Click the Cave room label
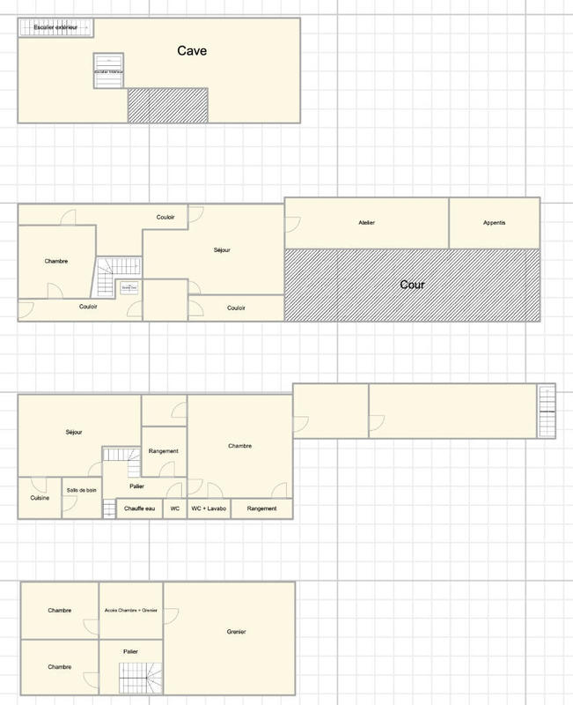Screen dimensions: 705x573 tap(191, 51)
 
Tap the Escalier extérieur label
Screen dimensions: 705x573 tap(55, 28)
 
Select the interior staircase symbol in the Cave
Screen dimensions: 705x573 tap(108, 70)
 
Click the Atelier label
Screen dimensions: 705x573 tap(366, 223)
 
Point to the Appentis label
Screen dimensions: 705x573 tap(495, 223)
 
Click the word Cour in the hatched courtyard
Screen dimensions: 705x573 tap(412, 285)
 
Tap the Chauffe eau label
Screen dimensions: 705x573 tap(141, 508)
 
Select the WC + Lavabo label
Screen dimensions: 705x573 tap(209, 508)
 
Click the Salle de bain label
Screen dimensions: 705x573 tap(81, 490)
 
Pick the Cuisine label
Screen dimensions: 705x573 tap(40, 499)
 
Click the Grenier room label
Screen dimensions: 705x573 tap(236, 632)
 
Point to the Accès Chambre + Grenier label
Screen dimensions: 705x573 tap(130, 610)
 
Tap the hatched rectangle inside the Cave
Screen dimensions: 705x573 tap(168, 105)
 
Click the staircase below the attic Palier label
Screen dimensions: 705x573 tap(142, 678)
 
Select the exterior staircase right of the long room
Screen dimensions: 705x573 tap(547, 410)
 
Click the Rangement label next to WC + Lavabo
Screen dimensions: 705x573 tap(262, 508)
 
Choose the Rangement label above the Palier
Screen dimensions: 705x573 tap(164, 451)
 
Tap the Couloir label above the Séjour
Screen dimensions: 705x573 tap(165, 218)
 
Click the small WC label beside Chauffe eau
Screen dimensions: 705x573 tap(175, 508)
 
